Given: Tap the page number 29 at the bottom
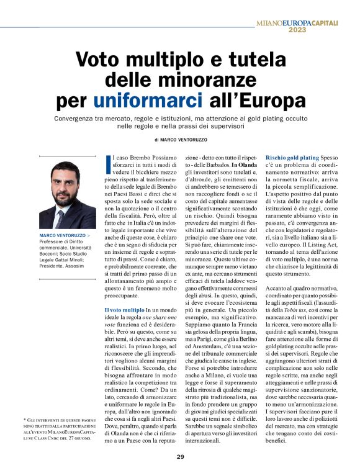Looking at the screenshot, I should (180, 458).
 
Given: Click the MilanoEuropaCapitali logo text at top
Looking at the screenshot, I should (306, 22).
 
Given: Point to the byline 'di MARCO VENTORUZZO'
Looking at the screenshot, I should (180, 140).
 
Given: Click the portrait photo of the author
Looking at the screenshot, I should (67, 196).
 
